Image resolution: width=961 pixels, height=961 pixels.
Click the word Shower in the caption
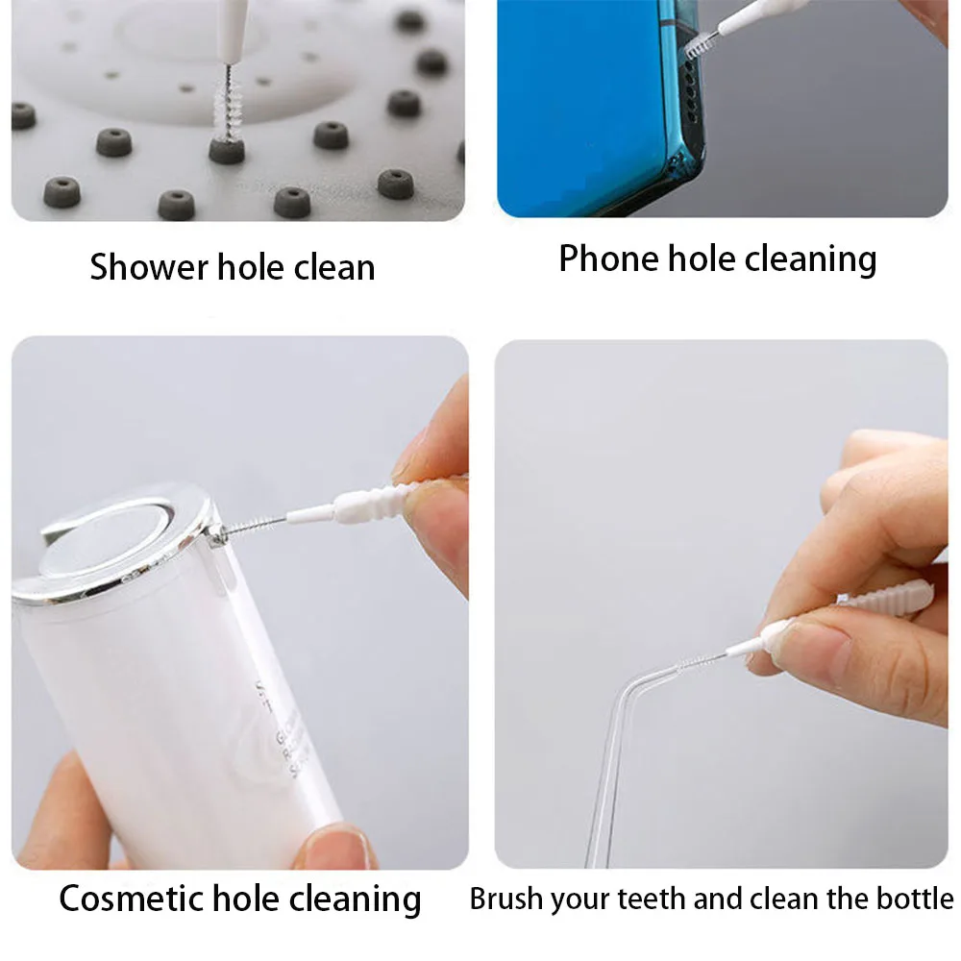click(x=149, y=267)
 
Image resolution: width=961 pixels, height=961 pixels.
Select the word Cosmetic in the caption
click(x=131, y=899)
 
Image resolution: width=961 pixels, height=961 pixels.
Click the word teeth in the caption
click(x=653, y=899)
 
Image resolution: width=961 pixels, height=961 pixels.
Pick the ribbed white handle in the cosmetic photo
click(x=374, y=500)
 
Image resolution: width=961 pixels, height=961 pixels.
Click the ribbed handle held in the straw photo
click(x=886, y=598)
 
